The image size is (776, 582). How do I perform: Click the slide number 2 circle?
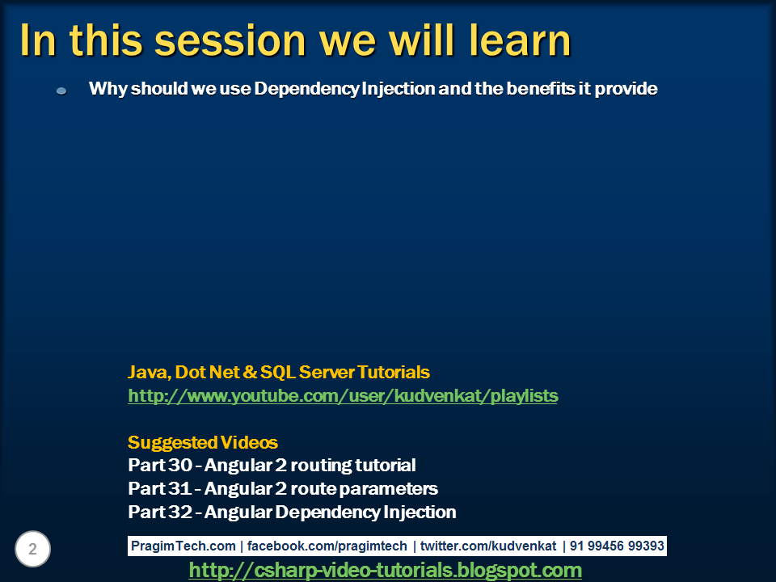pyautogui.click(x=32, y=549)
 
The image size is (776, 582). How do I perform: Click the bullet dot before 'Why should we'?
pyautogui.click(x=61, y=91)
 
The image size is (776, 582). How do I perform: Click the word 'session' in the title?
pyautogui.click(x=230, y=40)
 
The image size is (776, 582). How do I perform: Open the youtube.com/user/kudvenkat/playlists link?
pyautogui.click(x=343, y=396)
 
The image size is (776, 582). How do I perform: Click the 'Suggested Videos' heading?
pyautogui.click(x=202, y=442)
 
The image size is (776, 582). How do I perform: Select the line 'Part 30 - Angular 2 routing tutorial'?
pyautogui.click(x=272, y=466)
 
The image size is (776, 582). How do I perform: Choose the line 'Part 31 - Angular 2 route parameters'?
pyautogui.click(x=283, y=488)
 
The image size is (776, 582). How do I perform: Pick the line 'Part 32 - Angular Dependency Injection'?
pyautogui.click(x=292, y=512)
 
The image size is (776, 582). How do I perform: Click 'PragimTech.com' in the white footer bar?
pyautogui.click(x=183, y=546)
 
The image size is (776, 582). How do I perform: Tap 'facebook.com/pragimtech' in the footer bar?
pyautogui.click(x=327, y=546)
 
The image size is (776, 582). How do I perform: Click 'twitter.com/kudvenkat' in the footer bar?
pyautogui.click(x=488, y=546)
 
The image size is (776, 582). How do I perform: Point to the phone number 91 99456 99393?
pyautogui.click(x=617, y=546)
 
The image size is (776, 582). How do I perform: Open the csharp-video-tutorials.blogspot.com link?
pyautogui.click(x=385, y=570)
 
